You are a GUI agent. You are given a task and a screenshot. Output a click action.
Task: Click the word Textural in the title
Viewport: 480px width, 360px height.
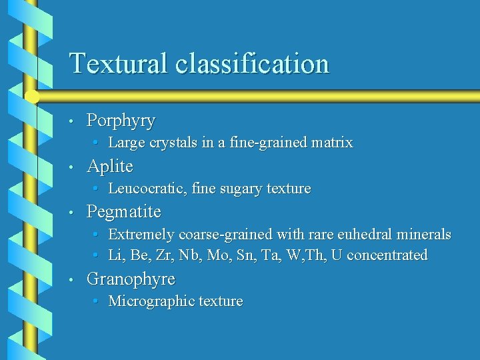tap(119, 64)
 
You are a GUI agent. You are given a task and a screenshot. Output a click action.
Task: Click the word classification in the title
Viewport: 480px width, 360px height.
tap(253, 64)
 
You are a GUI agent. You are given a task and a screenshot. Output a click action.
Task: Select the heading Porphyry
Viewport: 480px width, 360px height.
tap(121, 121)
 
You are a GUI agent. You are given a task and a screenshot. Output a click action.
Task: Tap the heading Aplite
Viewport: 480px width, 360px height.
tap(110, 166)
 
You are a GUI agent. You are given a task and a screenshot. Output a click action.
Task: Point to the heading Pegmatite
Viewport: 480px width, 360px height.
tap(124, 212)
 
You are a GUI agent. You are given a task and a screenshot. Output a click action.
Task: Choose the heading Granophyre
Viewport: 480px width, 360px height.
tap(131, 279)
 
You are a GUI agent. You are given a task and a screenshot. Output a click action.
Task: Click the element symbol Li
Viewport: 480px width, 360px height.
tap(115, 255)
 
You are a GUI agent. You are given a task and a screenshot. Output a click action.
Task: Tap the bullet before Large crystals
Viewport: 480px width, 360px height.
tap(97, 143)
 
